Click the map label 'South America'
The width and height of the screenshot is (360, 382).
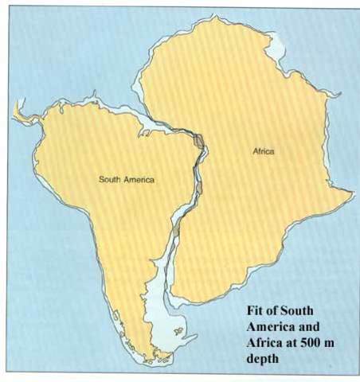(127, 180)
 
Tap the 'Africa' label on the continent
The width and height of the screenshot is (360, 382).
(263, 151)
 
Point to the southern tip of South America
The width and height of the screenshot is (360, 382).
(150, 364)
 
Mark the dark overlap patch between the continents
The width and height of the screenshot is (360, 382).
(199, 143)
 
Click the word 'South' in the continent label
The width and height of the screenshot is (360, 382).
(111, 180)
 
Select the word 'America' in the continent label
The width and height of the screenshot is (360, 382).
(139, 180)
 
